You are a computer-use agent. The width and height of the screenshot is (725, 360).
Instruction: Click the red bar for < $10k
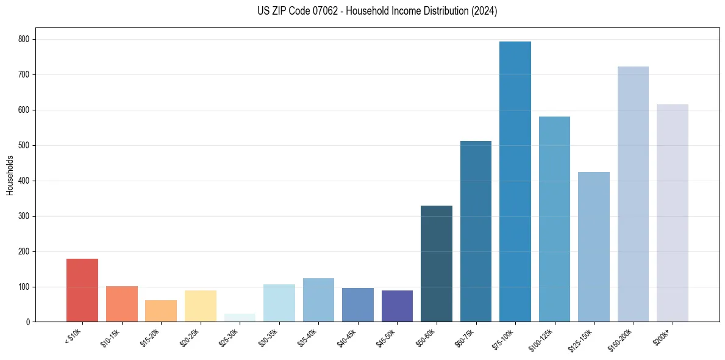point(82,290)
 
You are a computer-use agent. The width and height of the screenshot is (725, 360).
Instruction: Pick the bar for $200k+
point(673,213)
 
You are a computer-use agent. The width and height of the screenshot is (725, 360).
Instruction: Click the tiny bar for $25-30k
point(240,318)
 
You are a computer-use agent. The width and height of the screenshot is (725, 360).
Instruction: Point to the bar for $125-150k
point(594,247)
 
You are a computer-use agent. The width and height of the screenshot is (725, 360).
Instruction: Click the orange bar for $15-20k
point(161,311)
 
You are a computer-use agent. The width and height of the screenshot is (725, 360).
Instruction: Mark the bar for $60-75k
point(476,231)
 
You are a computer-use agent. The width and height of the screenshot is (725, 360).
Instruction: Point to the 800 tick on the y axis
point(27,39)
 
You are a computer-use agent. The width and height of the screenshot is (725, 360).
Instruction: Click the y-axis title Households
point(10,175)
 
